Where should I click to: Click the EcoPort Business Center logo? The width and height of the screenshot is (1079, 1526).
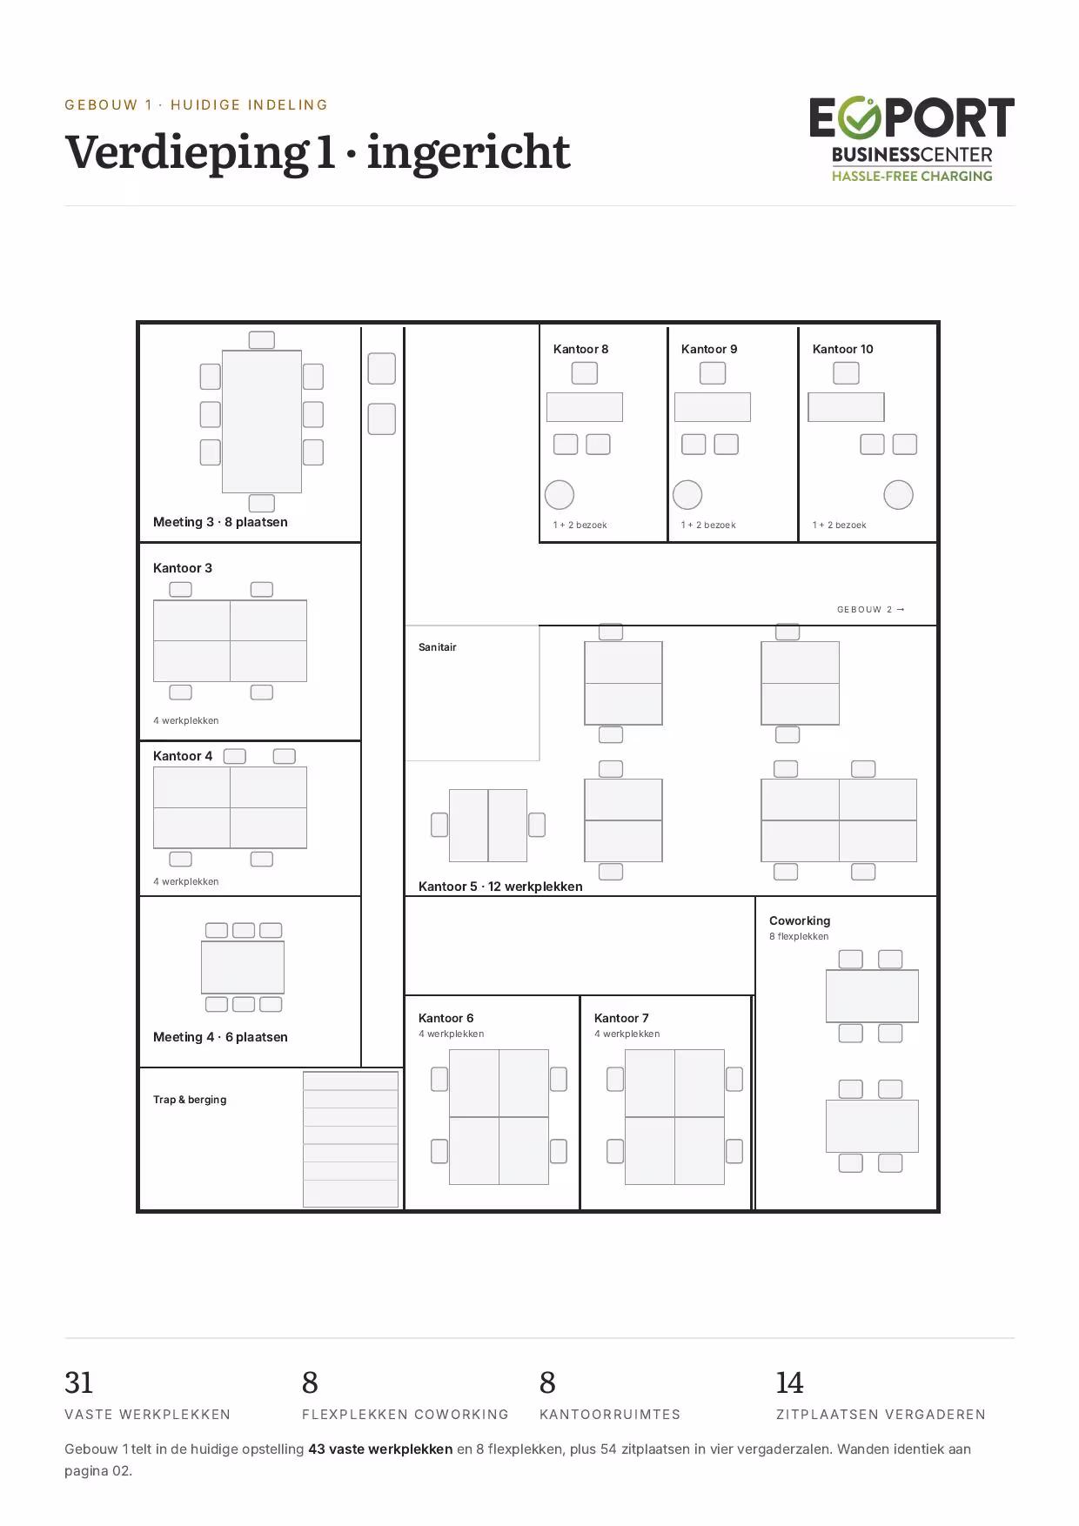click(x=912, y=139)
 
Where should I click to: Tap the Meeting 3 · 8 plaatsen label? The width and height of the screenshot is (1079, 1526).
click(x=220, y=522)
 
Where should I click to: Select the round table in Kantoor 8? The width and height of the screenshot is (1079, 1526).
click(x=560, y=495)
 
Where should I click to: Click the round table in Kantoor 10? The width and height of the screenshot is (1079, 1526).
click(x=899, y=495)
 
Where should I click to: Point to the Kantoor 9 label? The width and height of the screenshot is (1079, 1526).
click(x=709, y=349)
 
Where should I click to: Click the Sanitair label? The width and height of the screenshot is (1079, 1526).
click(x=438, y=647)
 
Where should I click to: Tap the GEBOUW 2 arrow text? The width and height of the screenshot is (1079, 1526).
click(x=871, y=609)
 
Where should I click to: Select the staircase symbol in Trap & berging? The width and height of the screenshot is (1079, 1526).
click(x=351, y=1140)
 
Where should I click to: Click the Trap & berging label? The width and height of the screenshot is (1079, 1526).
click(x=190, y=1100)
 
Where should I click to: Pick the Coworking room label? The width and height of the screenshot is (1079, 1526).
click(x=800, y=920)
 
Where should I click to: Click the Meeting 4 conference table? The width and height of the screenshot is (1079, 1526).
click(x=243, y=967)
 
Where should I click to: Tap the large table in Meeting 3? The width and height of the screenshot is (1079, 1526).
click(x=262, y=422)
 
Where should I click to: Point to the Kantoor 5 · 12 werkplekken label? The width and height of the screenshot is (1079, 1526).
click(x=500, y=887)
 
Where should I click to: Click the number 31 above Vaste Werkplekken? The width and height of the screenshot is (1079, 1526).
click(x=79, y=1382)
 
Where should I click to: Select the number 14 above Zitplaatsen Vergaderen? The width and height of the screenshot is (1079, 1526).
click(x=790, y=1382)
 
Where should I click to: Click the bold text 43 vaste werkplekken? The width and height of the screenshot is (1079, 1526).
click(x=380, y=1449)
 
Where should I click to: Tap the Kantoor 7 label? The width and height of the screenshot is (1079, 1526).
click(x=621, y=1018)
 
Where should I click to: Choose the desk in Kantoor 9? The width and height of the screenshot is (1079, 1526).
click(x=713, y=407)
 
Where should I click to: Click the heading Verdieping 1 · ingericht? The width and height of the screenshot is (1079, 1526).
click(x=318, y=153)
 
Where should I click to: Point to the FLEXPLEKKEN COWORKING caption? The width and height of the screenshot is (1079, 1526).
click(x=405, y=1415)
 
